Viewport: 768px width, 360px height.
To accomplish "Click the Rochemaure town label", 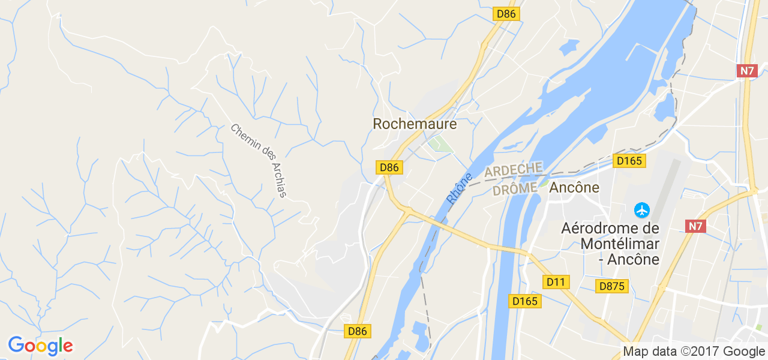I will click(415, 124).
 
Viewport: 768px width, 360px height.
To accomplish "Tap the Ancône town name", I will click(574, 187).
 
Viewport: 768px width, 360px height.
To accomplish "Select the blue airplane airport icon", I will click(642, 211).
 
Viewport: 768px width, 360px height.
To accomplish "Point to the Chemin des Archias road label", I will click(259, 160).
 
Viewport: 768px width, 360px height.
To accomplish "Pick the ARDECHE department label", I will click(513, 170).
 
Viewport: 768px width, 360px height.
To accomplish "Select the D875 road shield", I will click(612, 286).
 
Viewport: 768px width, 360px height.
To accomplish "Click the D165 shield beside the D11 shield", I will click(525, 301).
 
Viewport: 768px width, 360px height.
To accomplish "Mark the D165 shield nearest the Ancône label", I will click(629, 161).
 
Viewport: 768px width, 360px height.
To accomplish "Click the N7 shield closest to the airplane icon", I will click(696, 226).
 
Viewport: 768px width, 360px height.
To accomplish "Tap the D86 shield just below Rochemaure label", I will click(389, 168).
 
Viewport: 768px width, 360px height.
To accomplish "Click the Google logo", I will click(40, 346).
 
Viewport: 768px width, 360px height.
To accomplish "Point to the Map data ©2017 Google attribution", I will click(693, 352).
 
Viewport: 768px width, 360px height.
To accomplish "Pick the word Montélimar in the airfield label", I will click(620, 244).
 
